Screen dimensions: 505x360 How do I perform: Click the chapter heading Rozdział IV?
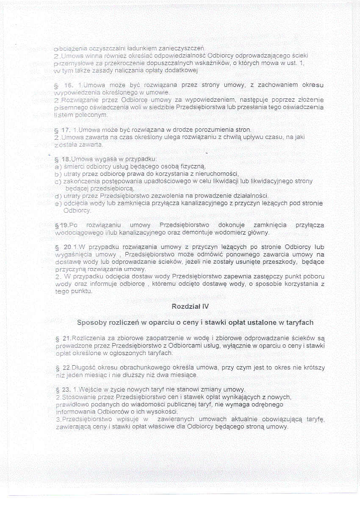[x=190, y=306]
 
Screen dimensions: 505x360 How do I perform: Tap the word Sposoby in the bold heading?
[x=91, y=323]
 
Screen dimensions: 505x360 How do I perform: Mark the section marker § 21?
[x=64, y=339]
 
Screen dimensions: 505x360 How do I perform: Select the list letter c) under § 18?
[x=58, y=181]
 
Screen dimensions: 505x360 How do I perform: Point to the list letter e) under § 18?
[x=58, y=203]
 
